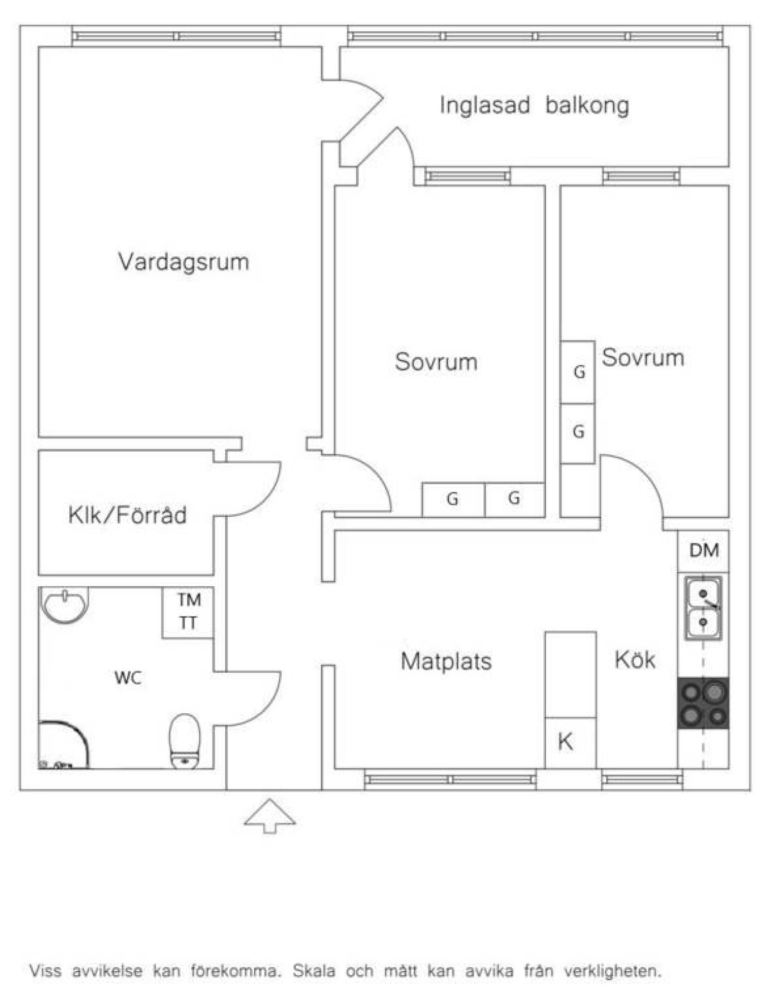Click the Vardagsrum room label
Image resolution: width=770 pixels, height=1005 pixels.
pos(184,262)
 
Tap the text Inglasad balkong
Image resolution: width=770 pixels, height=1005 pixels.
pos(534,105)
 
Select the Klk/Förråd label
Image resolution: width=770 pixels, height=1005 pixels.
pos(127,515)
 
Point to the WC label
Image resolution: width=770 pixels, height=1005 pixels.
pos(128,679)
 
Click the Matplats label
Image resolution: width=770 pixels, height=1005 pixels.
pos(446,661)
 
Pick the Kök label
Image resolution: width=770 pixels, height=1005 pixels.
pos(635,659)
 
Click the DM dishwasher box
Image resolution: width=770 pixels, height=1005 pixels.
pos(703,551)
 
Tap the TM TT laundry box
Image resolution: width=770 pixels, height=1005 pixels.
pos(188,612)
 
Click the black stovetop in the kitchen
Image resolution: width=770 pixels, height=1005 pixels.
pos(703,703)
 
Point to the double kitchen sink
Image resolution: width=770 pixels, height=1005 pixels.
pos(703,608)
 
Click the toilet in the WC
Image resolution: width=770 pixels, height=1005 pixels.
pos(185,741)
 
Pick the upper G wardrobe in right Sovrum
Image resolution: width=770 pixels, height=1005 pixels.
pos(577,373)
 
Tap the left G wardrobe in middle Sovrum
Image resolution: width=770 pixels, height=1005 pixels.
pos(453,500)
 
